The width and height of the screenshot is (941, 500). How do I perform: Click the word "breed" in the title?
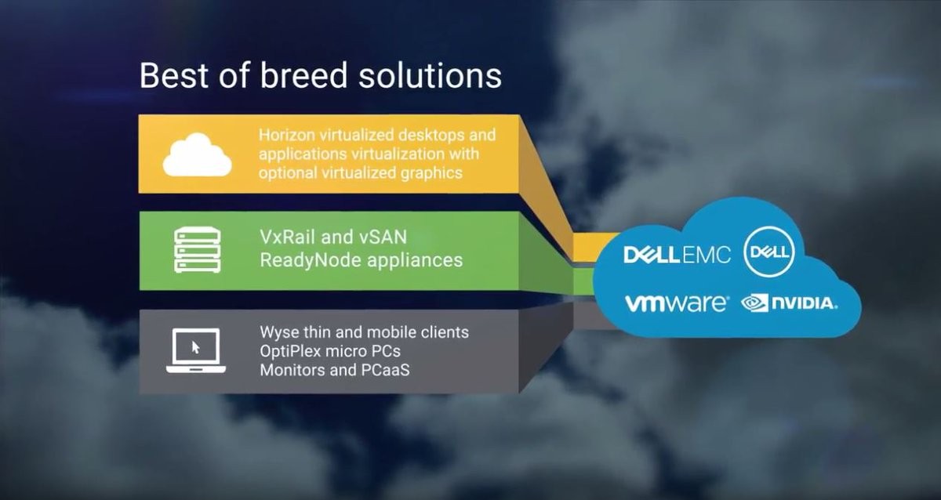[x=303, y=75]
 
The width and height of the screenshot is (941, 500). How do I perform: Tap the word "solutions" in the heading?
[x=431, y=75]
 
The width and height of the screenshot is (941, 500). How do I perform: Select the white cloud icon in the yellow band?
[x=197, y=154]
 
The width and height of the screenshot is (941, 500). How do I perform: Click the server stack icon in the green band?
[x=198, y=250]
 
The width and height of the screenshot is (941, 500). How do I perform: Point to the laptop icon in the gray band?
[x=196, y=351]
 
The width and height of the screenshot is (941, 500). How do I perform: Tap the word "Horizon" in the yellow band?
[x=287, y=135]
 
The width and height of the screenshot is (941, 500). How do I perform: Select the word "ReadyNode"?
[x=311, y=260]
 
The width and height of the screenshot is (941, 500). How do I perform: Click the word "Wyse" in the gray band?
[x=279, y=332]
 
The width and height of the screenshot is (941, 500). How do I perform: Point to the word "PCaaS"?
[x=385, y=370]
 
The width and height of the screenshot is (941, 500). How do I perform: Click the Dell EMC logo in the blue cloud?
[x=678, y=255]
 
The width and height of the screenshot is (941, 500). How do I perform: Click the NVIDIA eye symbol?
[x=754, y=303]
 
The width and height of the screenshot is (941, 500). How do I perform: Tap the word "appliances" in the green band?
[x=415, y=261]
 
